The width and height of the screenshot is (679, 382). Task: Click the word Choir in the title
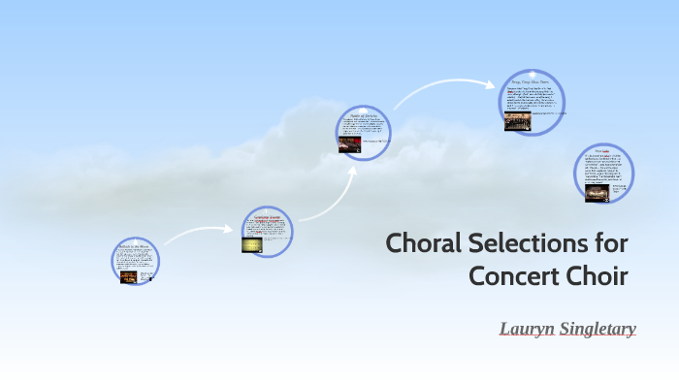[x=596, y=275]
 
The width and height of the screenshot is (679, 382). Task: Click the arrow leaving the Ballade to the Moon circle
[x=198, y=232]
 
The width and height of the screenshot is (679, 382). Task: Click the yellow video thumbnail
[x=252, y=245]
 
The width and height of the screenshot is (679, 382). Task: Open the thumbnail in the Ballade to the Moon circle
[x=129, y=276]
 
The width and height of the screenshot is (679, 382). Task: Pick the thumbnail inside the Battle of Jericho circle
[x=349, y=144]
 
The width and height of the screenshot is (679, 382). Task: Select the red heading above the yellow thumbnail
[x=266, y=217]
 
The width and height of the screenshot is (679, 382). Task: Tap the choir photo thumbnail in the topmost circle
[x=518, y=122]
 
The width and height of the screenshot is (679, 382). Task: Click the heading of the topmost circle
[x=532, y=81]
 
